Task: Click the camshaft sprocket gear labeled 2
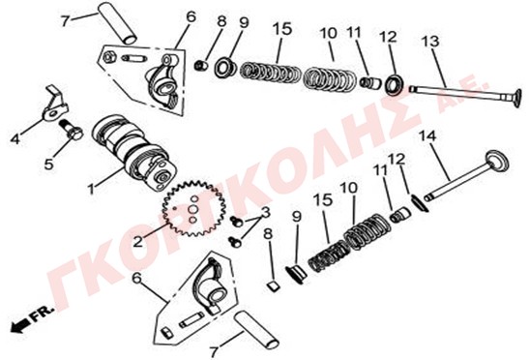click(189, 208)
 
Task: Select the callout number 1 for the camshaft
click(91, 189)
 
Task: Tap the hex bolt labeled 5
click(72, 130)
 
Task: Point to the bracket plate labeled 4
click(55, 103)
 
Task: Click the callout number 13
click(430, 42)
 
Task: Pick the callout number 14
click(427, 136)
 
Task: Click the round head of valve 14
click(496, 164)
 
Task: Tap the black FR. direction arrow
click(21, 325)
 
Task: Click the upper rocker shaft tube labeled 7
click(117, 23)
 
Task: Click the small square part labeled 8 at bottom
click(274, 286)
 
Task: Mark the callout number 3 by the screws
click(266, 213)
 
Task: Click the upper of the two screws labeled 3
click(236, 222)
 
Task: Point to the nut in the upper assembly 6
click(108, 57)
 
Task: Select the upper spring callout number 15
click(282, 29)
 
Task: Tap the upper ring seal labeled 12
click(395, 86)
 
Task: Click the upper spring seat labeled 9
click(224, 67)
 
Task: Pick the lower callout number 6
click(136, 278)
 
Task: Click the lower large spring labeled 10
click(367, 232)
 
